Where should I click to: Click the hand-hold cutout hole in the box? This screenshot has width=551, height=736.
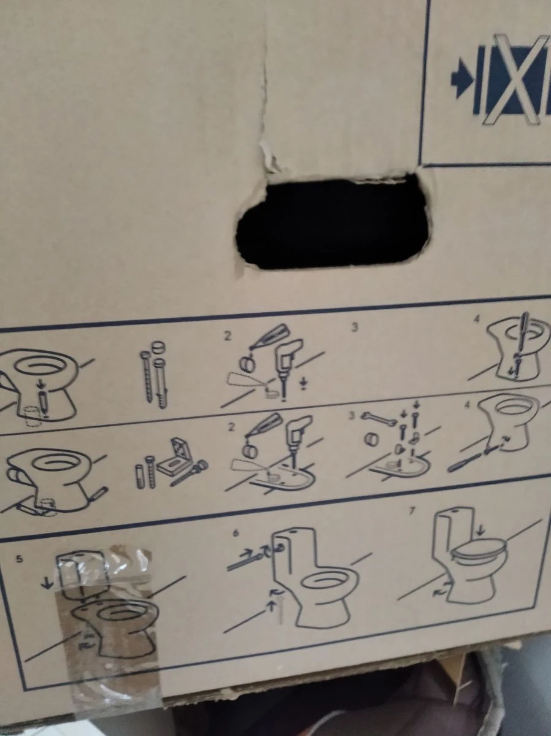pyautogui.click(x=332, y=223)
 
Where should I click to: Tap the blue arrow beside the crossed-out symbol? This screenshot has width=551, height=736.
pyautogui.click(x=462, y=80)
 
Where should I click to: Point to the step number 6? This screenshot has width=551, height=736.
pyautogui.click(x=236, y=533)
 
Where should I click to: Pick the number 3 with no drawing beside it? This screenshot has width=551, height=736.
pyautogui.click(x=355, y=327)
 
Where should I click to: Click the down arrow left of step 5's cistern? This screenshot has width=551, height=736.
pyautogui.click(x=49, y=583)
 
